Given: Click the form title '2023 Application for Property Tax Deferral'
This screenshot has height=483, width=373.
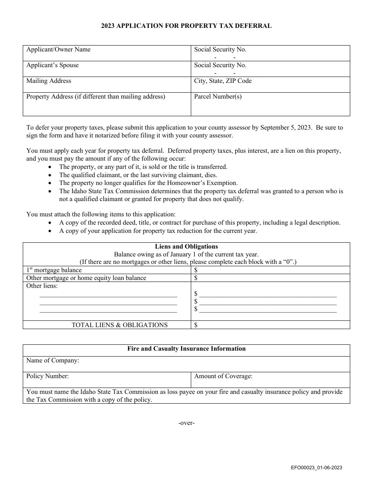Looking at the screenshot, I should point(186,26).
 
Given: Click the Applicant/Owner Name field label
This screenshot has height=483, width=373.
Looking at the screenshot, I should point(58,49).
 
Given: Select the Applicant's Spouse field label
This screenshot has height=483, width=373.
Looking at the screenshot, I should point(52,65).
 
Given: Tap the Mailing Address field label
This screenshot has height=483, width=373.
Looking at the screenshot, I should point(49,81).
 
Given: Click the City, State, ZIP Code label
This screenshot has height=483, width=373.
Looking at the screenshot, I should point(223,81).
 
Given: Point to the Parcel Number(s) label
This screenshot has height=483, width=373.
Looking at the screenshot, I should point(218,97).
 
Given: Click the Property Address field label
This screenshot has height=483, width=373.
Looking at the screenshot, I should point(95,97).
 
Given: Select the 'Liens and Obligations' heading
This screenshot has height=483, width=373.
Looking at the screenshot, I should point(186,247).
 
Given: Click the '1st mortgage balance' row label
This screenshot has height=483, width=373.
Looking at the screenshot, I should point(54,270).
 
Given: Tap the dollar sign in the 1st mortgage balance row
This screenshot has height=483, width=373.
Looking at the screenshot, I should point(196,270).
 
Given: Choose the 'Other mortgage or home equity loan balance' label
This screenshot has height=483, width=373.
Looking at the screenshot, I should point(86,278).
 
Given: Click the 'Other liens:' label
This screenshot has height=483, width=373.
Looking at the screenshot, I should point(42,286).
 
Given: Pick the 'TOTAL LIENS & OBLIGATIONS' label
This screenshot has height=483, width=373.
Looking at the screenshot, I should point(119,325).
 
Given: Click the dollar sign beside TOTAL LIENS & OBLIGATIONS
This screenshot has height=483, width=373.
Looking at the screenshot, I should point(196,325).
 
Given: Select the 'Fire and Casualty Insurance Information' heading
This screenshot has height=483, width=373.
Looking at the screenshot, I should point(186,349).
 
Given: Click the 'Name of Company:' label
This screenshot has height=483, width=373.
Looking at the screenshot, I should point(53,360).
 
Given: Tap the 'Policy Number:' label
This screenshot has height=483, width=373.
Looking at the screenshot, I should point(48,376).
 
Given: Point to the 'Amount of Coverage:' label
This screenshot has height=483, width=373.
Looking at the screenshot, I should point(223,376).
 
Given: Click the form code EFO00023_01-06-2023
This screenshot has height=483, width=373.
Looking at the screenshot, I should point(316,467).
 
